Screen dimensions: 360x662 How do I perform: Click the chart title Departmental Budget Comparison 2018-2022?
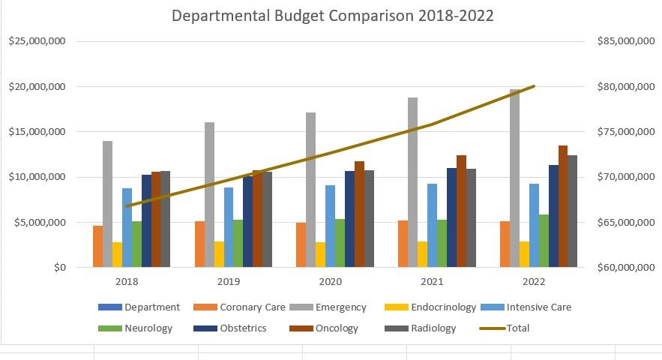click(332, 16)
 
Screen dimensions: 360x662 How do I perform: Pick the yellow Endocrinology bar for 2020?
click(321, 254)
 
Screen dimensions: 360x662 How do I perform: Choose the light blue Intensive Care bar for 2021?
click(432, 225)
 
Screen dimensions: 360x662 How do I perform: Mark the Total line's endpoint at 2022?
click(534, 86)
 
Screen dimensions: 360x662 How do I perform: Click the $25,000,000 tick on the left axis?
click(37, 41)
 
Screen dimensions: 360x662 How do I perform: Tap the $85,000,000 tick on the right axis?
click(625, 41)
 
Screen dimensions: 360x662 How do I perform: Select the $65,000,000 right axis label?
click(625, 223)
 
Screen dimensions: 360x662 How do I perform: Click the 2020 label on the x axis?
click(331, 281)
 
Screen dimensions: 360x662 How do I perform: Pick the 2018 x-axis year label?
click(127, 281)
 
